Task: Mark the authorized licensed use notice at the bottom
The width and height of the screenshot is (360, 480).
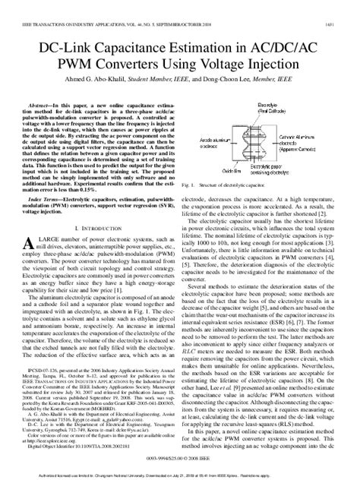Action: (x=180, y=475)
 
